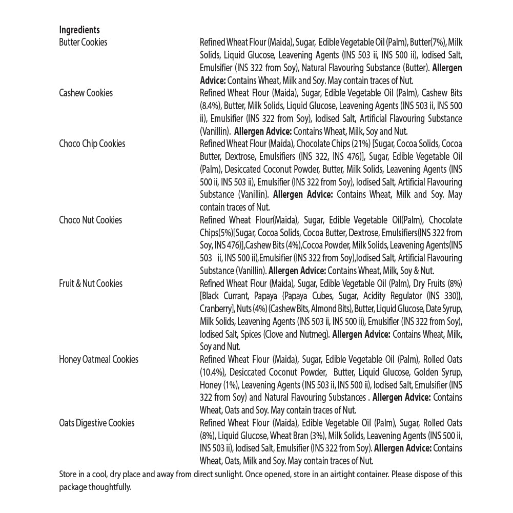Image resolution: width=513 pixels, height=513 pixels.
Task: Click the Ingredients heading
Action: pyautogui.click(x=79, y=30)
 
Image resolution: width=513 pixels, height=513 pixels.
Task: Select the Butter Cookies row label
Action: pyautogui.click(x=83, y=43)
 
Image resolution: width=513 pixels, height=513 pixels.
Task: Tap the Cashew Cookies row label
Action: pyautogui.click(x=86, y=93)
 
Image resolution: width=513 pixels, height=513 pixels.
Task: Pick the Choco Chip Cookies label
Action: pyautogui.click(x=92, y=144)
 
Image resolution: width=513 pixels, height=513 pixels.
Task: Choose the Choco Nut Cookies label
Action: pyautogui.click(x=90, y=220)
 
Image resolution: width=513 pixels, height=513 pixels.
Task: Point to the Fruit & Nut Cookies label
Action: pyautogui.click(x=91, y=284)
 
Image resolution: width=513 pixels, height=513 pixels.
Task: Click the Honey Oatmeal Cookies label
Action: pyautogui.click(x=98, y=360)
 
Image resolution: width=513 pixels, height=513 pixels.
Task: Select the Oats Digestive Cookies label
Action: pyautogui.click(x=96, y=423)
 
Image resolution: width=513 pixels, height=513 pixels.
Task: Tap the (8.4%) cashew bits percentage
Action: pyautogui.click(x=211, y=106)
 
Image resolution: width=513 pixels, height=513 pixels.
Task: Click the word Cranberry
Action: pyautogui.click(x=216, y=309)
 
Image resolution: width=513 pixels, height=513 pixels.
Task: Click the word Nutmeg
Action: pyautogui.click(x=312, y=335)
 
